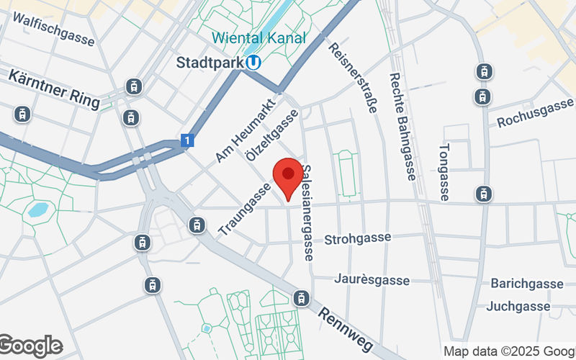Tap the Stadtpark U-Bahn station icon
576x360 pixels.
coord(253,63)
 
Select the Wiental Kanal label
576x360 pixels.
coord(258,38)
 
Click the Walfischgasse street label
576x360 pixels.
coord(53,30)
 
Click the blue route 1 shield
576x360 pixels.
coord(187,141)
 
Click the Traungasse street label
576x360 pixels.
coord(244,208)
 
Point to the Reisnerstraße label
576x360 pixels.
coord(353,77)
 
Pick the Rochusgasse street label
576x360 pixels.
coord(535,114)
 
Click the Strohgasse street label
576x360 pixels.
coord(358,238)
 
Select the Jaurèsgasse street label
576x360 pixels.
coord(372,279)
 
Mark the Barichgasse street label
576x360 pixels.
coord(527,283)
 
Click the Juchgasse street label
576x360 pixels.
coord(518,307)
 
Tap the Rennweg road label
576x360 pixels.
coord(346,328)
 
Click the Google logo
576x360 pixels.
coord(30,346)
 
